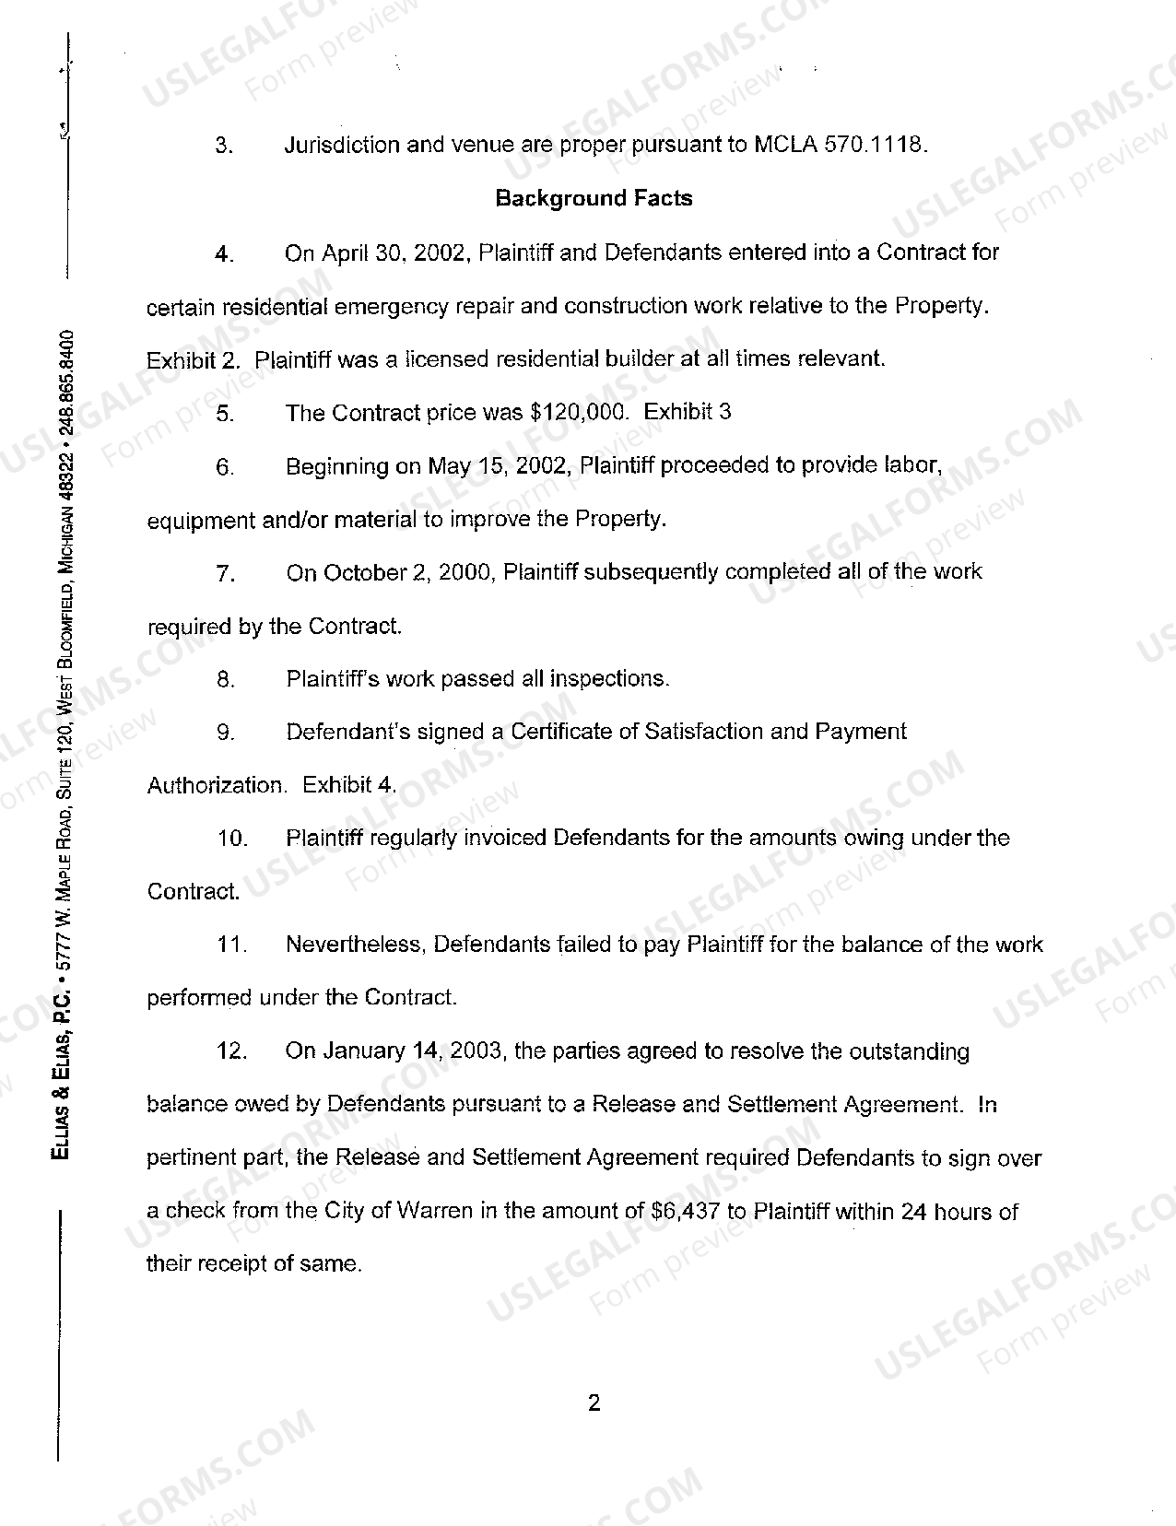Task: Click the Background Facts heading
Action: coord(594,198)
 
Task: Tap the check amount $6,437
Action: coord(686,1211)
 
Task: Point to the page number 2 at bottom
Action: coord(594,1403)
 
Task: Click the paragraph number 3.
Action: coord(222,146)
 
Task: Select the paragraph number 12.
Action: coord(231,1051)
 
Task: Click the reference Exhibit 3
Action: coord(687,412)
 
